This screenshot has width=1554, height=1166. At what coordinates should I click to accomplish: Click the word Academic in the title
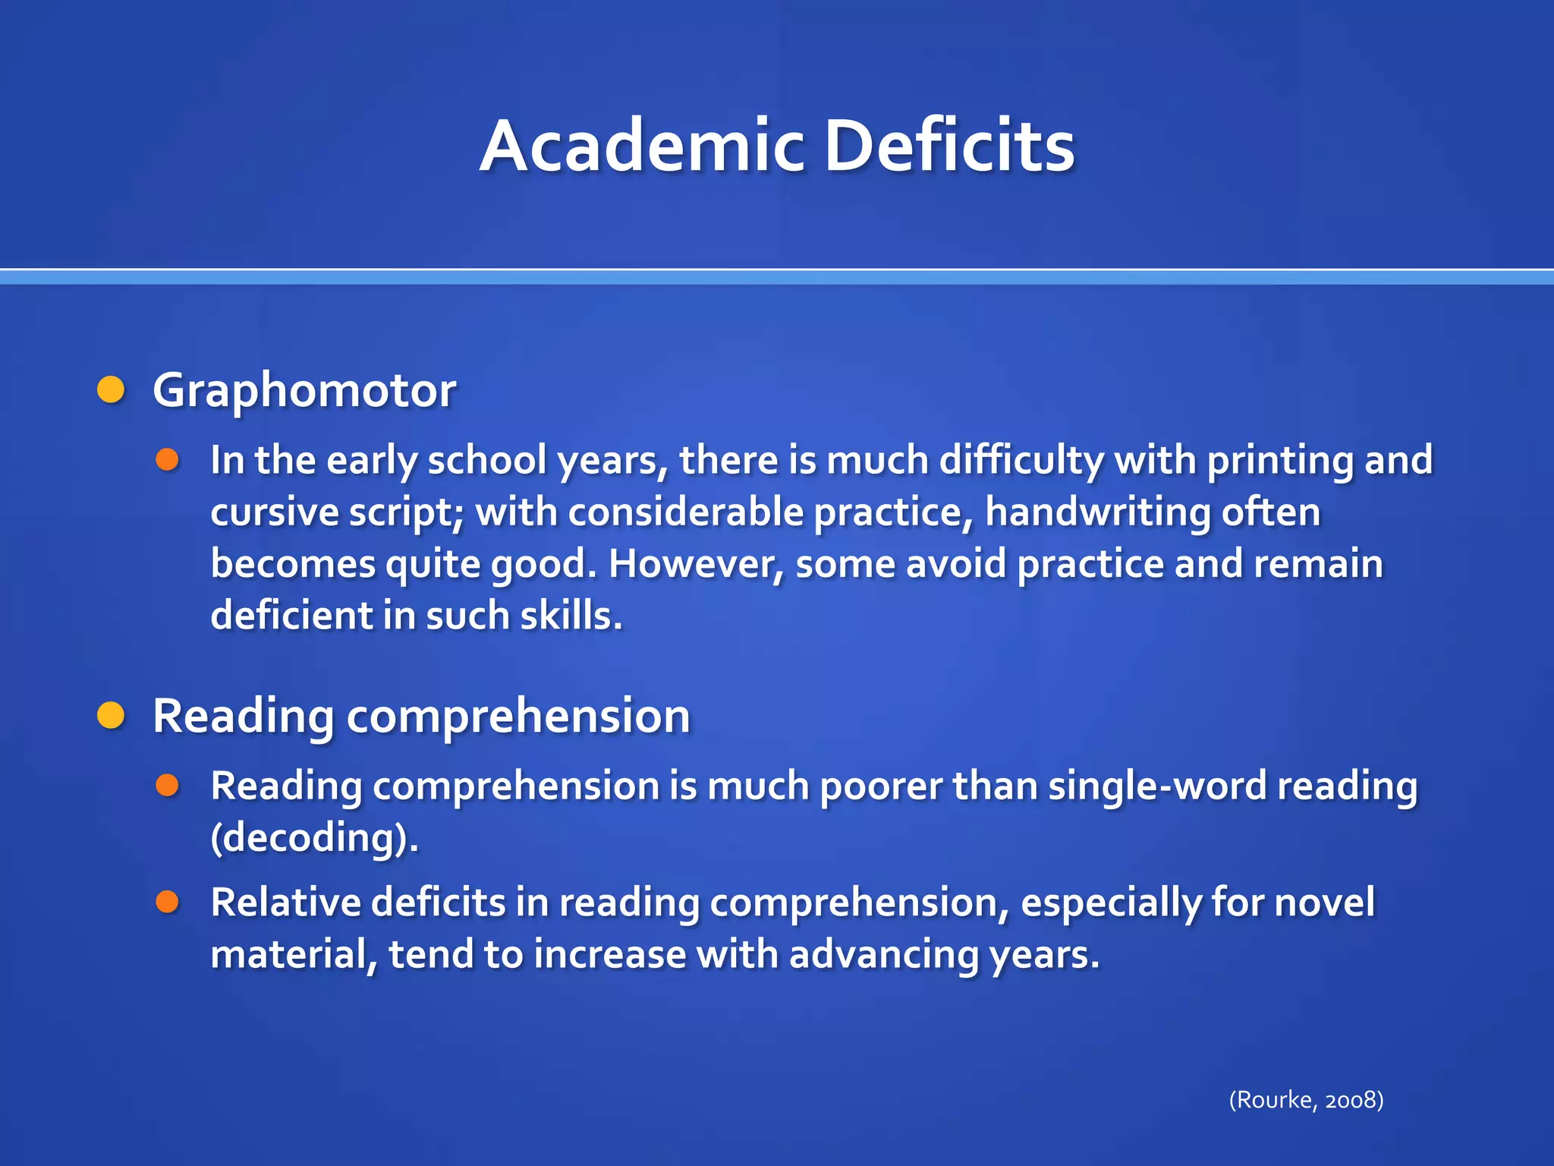tap(642, 146)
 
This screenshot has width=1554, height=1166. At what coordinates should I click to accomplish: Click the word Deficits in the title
tap(949, 146)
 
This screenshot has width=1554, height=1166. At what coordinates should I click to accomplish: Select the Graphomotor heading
tap(304, 391)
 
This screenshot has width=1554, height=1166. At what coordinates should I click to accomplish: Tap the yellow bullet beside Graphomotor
tap(112, 389)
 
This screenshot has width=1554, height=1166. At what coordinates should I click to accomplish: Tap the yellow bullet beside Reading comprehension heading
tap(112, 715)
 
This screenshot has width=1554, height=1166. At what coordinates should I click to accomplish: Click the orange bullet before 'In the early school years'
tap(167, 459)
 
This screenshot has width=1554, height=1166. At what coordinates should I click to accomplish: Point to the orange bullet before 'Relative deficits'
tap(167, 902)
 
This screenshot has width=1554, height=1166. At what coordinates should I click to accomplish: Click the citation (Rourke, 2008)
tap(1306, 1099)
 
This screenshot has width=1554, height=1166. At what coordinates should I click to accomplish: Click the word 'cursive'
tap(274, 512)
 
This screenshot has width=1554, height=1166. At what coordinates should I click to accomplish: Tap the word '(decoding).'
tap(314, 837)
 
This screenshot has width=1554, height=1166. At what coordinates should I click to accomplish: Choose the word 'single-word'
tap(1157, 786)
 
